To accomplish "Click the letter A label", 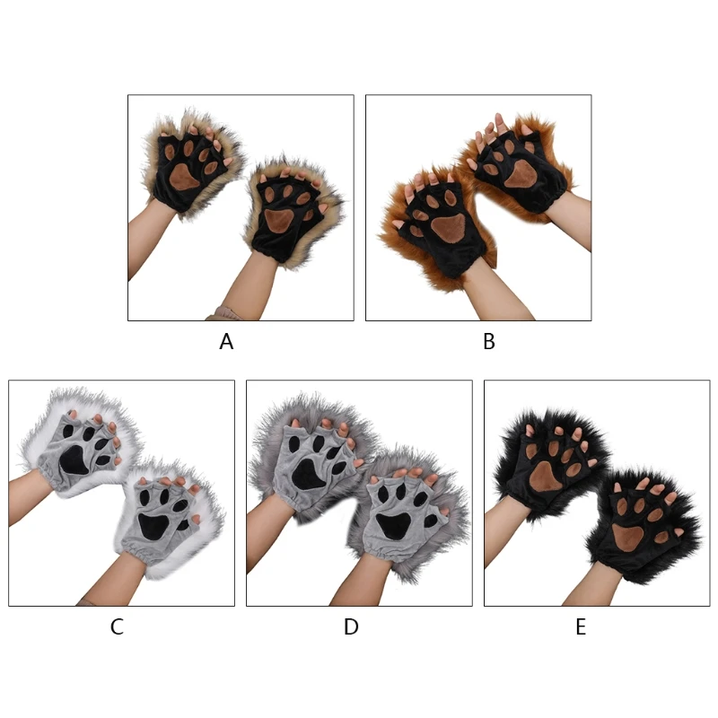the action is point(226,342).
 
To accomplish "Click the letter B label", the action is point(489,342).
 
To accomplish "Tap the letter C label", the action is point(117,626).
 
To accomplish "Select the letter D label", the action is point(351,626).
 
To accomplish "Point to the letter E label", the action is point(581,626).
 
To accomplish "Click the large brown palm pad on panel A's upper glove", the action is point(184,176).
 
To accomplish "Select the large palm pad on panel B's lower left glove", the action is point(448,229).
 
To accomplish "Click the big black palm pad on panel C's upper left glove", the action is point(74,460).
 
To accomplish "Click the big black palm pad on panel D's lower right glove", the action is point(392,526).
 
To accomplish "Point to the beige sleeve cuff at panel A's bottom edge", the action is point(224,314).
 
